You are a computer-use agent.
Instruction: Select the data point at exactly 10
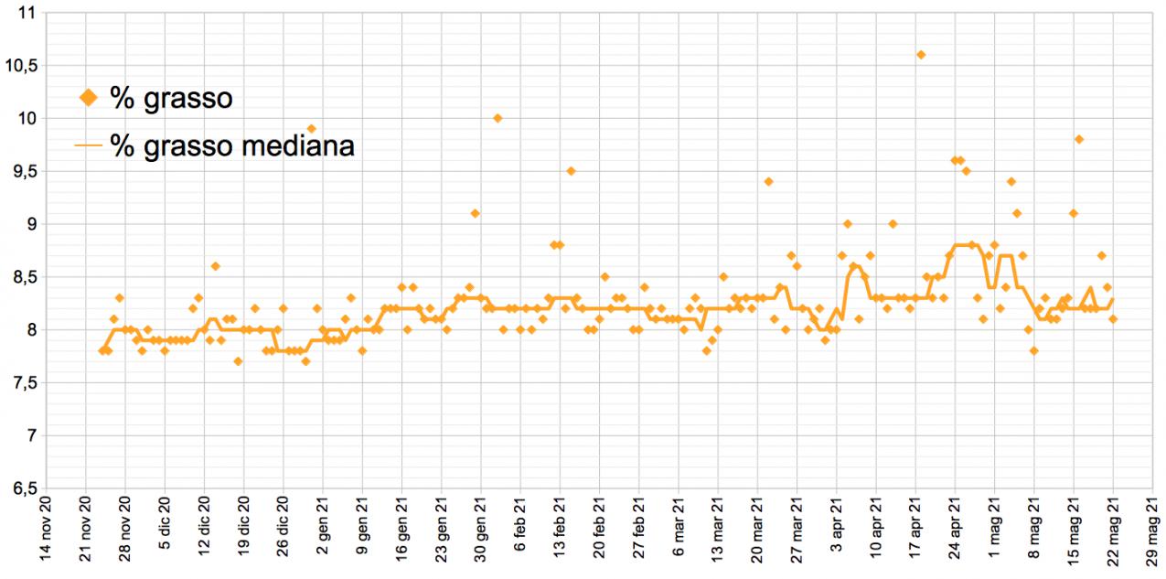coord(497,118)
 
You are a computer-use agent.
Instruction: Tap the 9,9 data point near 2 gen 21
coord(311,128)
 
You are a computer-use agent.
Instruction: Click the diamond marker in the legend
coord(89,97)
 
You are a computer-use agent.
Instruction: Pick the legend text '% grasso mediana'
coord(231,145)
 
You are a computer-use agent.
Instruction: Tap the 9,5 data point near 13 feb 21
coord(571,170)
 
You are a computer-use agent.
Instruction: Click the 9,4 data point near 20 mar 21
coord(768,181)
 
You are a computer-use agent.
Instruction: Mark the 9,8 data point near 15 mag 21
coord(1079,139)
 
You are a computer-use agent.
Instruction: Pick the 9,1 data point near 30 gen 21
coord(475,213)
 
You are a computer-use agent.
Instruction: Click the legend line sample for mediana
coord(89,145)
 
